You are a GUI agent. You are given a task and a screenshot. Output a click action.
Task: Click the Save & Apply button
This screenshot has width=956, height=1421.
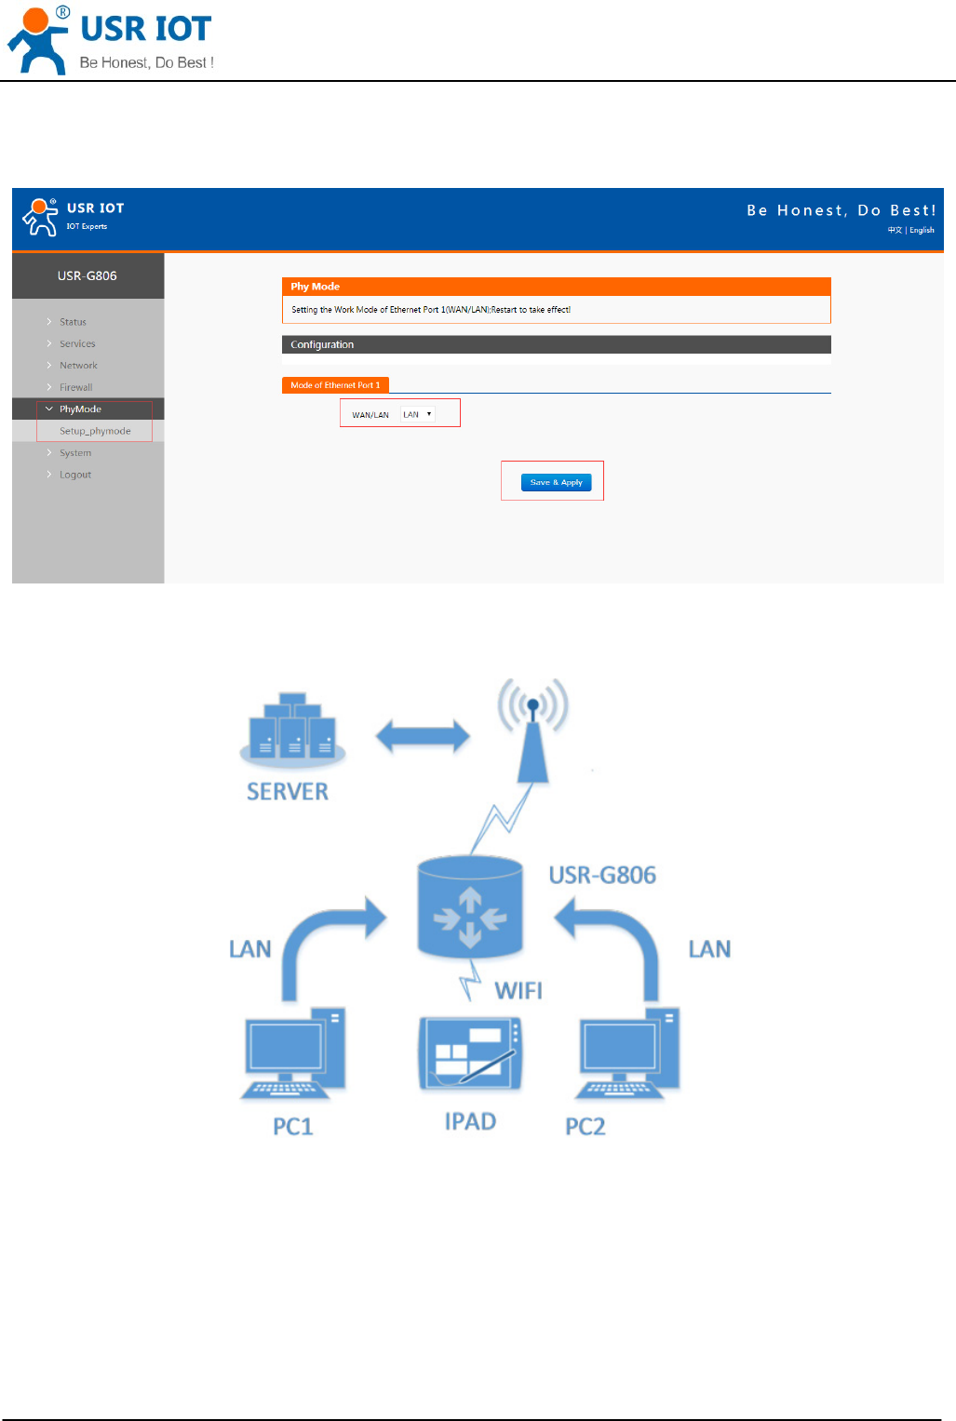tap(556, 482)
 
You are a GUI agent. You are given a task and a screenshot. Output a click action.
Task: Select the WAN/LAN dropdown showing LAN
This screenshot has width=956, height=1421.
tap(417, 414)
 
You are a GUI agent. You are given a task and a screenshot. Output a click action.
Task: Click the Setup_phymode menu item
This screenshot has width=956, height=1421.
tap(95, 431)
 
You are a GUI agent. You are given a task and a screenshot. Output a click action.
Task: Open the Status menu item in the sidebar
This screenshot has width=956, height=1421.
tap(73, 322)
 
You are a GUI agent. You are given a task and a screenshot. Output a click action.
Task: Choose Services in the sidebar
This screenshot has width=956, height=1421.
tap(77, 343)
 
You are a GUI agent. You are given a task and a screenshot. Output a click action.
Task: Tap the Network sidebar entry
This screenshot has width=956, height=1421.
tap(78, 366)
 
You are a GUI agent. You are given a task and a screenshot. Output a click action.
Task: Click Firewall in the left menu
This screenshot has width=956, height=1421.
tap(75, 387)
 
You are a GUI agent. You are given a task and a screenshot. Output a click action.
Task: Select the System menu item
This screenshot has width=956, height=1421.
tap(75, 453)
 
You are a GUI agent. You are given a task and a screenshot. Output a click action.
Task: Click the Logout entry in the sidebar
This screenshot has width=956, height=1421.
tap(75, 475)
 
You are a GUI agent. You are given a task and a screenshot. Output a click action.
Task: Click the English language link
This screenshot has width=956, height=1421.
tap(922, 230)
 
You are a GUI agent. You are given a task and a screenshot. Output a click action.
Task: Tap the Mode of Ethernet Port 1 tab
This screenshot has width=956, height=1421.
tap(335, 385)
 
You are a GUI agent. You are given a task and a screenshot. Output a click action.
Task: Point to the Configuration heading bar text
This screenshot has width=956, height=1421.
tap(322, 344)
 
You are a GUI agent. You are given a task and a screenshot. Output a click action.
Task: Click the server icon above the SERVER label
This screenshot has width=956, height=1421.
tap(292, 728)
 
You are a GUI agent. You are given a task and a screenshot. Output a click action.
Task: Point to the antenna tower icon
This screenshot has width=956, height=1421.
tap(532, 731)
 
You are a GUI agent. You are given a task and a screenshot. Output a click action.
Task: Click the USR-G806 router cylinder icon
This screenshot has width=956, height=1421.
tap(470, 907)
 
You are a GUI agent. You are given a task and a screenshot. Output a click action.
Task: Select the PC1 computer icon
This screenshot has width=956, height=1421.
tap(293, 1054)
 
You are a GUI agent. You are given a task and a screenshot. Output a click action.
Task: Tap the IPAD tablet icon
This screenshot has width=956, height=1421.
tap(470, 1053)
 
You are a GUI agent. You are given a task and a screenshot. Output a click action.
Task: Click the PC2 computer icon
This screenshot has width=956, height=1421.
tap(628, 1054)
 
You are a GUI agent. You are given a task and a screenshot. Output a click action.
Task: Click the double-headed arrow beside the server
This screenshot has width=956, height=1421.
tap(423, 736)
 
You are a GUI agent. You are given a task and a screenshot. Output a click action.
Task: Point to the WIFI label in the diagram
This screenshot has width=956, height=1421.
tap(518, 990)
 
